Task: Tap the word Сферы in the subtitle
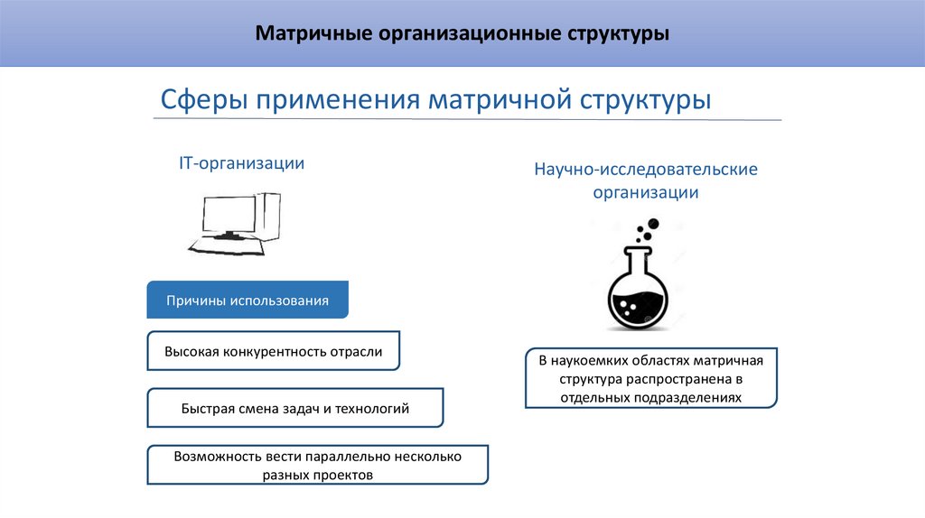(203, 98)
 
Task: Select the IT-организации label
(241, 163)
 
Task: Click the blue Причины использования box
(248, 300)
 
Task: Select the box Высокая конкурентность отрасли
(273, 351)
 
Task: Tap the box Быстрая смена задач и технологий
(294, 409)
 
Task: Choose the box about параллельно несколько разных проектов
(317, 466)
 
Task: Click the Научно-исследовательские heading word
(645, 169)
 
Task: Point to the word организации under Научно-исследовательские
(645, 192)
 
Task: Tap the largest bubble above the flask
(653, 223)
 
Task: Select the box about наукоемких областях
(650, 379)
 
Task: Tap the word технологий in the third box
(373, 409)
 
